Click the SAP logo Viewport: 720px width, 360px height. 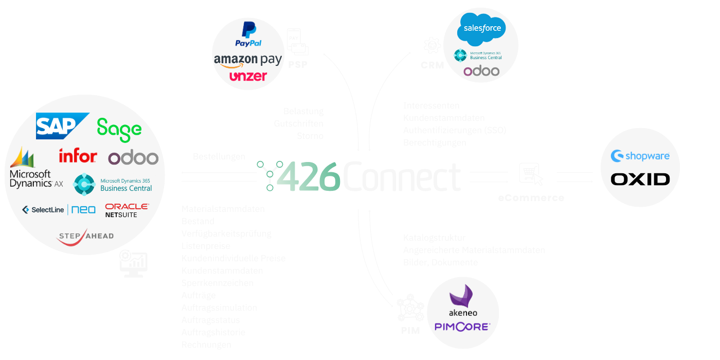pyautogui.click(x=62, y=125)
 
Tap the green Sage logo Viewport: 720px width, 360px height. pyautogui.click(x=119, y=129)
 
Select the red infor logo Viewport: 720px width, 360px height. pyautogui.click(x=78, y=156)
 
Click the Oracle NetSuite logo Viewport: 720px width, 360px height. pyautogui.click(x=127, y=210)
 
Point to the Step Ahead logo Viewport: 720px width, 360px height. pyautogui.click(x=85, y=237)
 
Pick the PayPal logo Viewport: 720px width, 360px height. pyautogui.click(x=248, y=35)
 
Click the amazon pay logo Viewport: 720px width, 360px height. pyautogui.click(x=247, y=60)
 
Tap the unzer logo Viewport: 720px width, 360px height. pyautogui.click(x=248, y=76)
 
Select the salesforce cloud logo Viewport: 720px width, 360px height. pyautogui.click(x=482, y=29)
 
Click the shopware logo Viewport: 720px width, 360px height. pyautogui.click(x=640, y=155)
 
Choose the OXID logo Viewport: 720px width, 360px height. pyautogui.click(x=640, y=179)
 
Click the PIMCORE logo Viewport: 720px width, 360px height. pyautogui.click(x=462, y=326)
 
